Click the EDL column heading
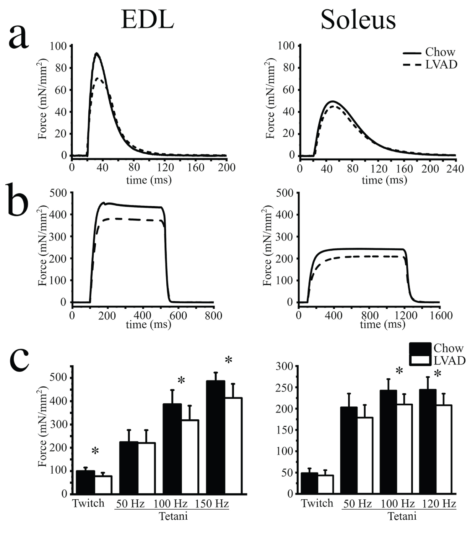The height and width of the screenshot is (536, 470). tap(147, 19)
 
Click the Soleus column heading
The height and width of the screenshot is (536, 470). tap(358, 19)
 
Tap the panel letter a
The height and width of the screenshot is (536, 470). tap(19, 37)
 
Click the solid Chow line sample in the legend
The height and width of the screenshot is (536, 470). tap(412, 53)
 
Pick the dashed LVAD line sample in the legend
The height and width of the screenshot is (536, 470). tap(412, 65)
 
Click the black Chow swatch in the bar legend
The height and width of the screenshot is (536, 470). tap(420, 348)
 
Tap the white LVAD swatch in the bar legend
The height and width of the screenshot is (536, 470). tap(420, 360)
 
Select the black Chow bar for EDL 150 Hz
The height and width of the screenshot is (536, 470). tap(215, 437)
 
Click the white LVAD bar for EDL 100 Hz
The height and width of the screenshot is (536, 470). tap(190, 457)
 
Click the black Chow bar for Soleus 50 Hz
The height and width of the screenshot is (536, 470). tap(348, 450)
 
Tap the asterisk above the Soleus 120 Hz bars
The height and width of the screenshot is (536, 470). tap(437, 374)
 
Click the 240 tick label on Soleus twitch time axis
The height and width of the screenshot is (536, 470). tap(455, 169)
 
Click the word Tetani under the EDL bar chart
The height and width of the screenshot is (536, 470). tap(173, 516)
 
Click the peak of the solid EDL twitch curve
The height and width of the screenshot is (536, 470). tap(97, 53)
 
